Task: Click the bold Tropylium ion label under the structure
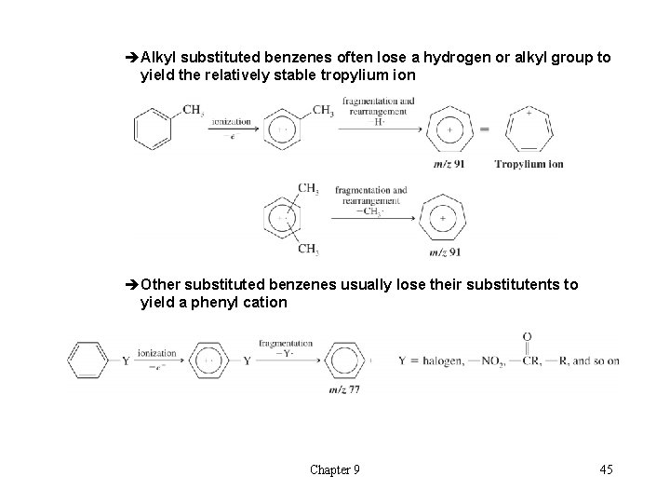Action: pyautogui.click(x=529, y=164)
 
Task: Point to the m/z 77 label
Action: pyautogui.click(x=342, y=387)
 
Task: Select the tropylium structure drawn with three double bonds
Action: pyautogui.click(x=529, y=130)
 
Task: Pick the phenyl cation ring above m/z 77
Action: pyautogui.click(x=342, y=359)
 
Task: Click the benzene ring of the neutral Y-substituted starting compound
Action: pyautogui.click(x=87, y=360)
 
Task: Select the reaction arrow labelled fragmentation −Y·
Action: pyautogui.click(x=287, y=360)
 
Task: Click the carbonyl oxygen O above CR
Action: pyautogui.click(x=528, y=337)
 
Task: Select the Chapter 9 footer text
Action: pyautogui.click(x=335, y=469)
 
